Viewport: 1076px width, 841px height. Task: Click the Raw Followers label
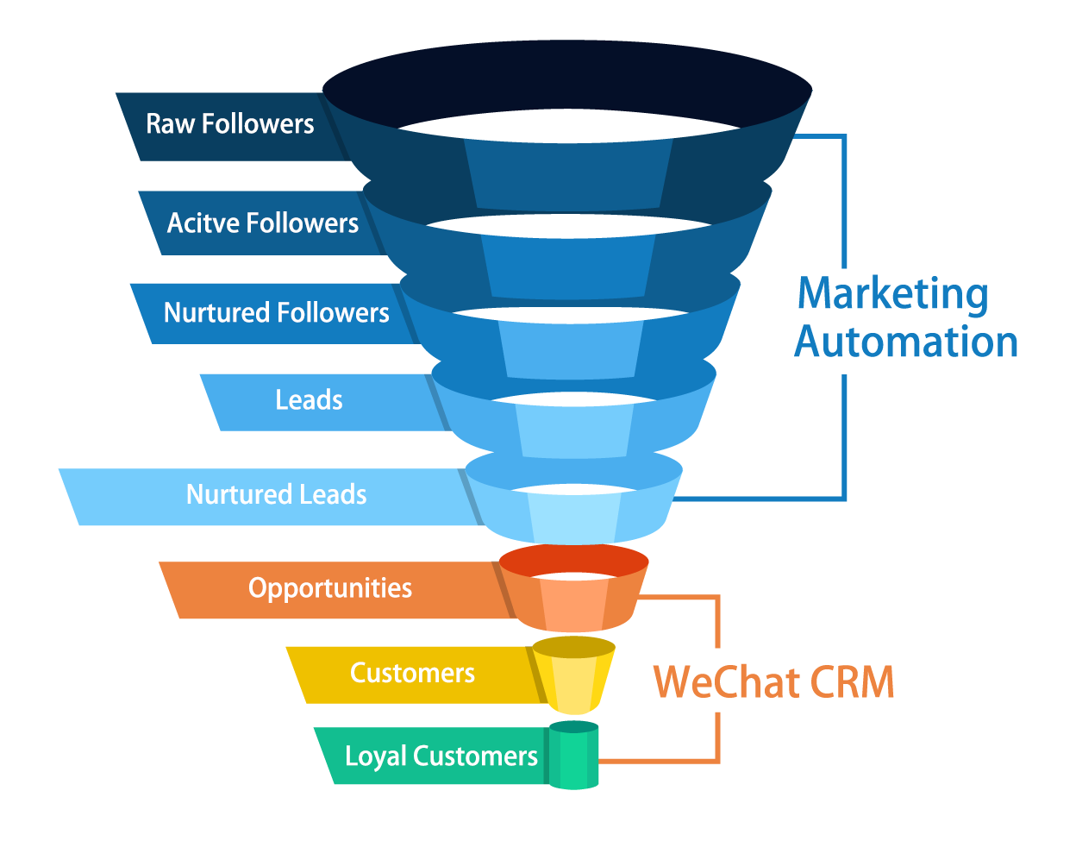click(229, 124)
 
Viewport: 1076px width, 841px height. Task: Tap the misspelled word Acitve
click(203, 223)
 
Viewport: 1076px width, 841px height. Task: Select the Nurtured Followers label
click(276, 312)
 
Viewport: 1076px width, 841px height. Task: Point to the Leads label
click(309, 400)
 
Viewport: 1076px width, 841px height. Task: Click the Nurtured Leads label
click(276, 494)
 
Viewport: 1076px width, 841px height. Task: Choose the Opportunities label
click(329, 588)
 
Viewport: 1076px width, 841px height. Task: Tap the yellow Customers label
click(412, 673)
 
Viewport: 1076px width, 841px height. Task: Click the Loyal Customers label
click(441, 756)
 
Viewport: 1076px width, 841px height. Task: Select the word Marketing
click(892, 294)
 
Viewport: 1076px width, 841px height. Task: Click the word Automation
click(905, 342)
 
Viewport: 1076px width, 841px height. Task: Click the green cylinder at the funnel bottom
click(573, 756)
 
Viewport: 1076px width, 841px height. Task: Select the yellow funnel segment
click(573, 676)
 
